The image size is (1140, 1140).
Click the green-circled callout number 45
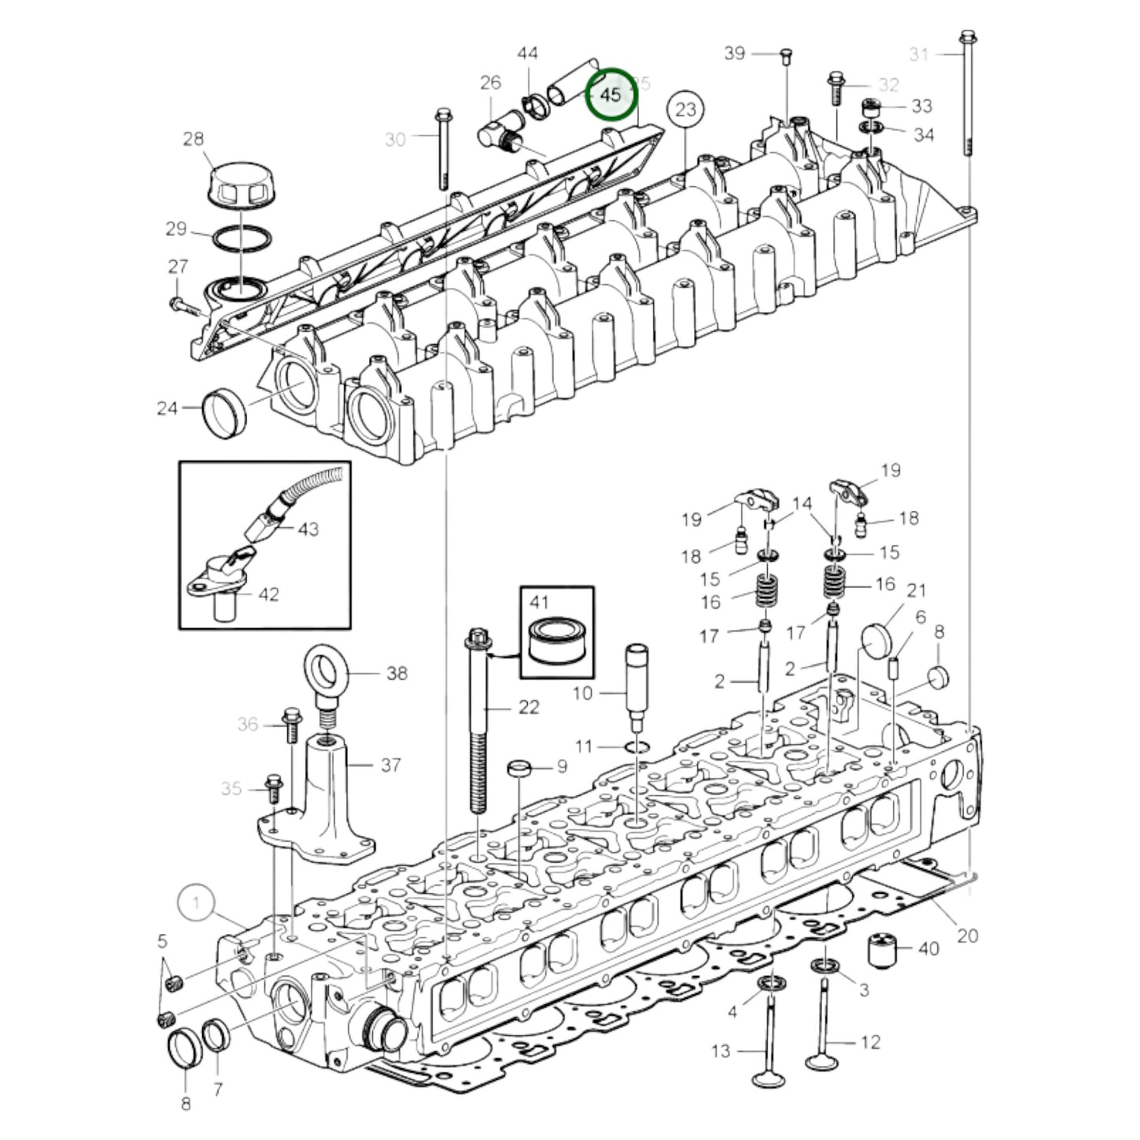pos(611,94)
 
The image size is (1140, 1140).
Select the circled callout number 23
pos(686,109)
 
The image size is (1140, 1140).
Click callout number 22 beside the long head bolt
pos(529,707)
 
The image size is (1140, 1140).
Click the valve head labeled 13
pos(764,1078)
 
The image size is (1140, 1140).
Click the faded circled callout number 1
pos(196,902)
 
